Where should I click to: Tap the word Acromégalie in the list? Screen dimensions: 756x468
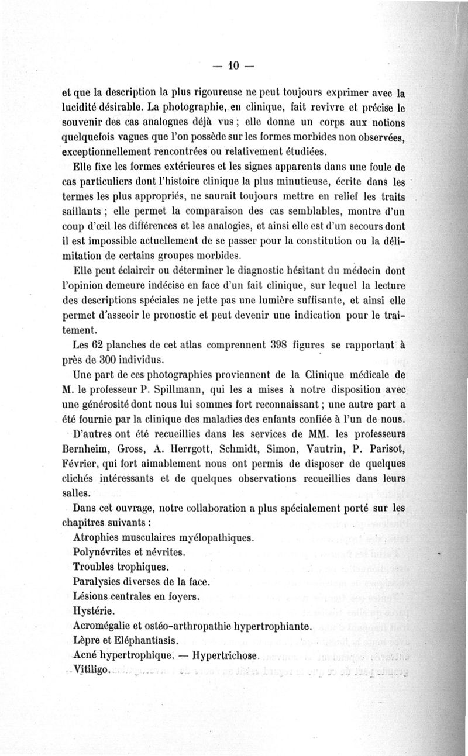(109, 626)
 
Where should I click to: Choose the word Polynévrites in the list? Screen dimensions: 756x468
(108, 551)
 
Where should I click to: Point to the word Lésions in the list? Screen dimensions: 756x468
(94, 596)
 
